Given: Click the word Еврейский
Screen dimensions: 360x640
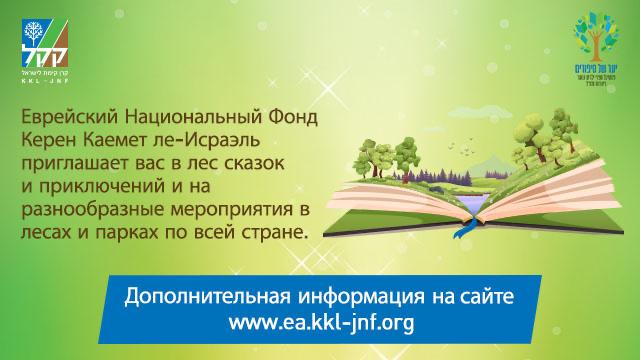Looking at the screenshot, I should point(71,117).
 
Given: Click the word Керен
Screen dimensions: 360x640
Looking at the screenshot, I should point(50,139).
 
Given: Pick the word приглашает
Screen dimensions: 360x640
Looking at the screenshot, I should point(80,161).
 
